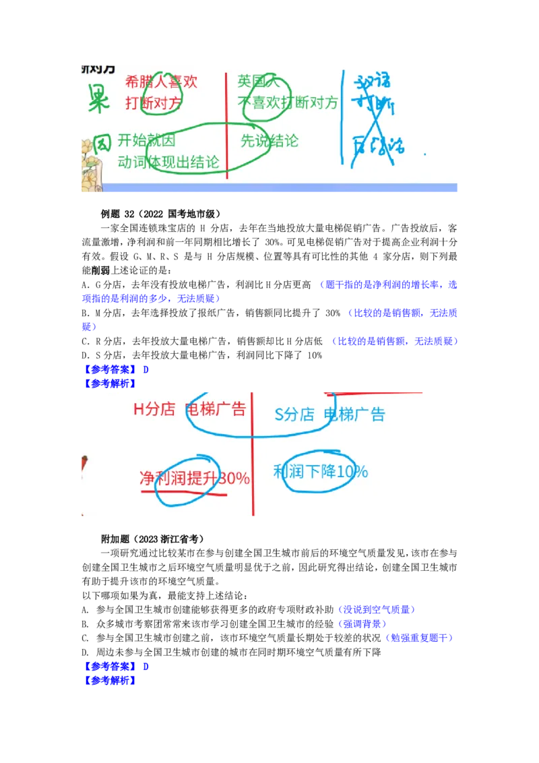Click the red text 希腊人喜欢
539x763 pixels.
point(162,82)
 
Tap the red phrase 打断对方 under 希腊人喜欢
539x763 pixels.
point(154,104)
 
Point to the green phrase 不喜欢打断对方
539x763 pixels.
point(288,103)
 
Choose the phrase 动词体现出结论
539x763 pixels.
point(168,162)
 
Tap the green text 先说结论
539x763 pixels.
point(269,141)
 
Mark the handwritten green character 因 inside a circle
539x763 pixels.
point(101,143)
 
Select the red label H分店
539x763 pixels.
point(154,409)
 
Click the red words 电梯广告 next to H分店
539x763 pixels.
point(216,409)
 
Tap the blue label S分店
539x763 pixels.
point(294,415)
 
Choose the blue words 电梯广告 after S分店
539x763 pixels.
point(354,415)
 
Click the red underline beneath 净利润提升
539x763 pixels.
point(183,493)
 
